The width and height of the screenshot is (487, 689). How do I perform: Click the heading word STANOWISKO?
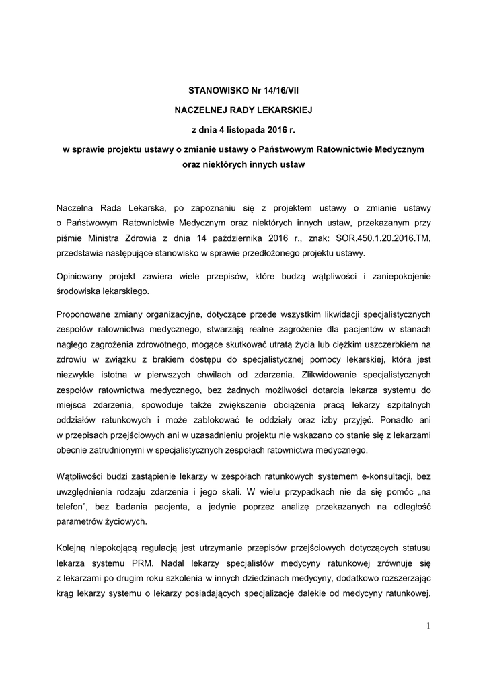click(213, 89)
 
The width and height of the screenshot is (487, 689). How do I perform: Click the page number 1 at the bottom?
click(428, 627)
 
